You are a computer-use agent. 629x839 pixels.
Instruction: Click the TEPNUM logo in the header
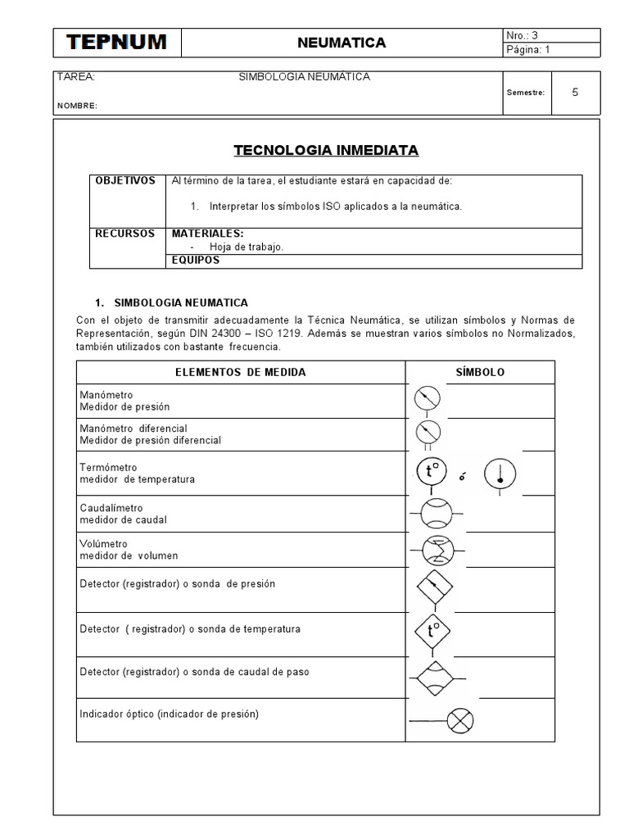(116, 43)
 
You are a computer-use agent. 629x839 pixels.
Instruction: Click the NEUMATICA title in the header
(341, 43)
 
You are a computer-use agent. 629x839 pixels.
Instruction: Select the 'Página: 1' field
(533, 50)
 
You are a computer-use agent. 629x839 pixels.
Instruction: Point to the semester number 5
(575, 93)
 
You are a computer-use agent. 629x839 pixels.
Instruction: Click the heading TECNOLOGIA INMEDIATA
(326, 151)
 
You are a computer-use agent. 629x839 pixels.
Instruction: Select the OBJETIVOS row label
(125, 181)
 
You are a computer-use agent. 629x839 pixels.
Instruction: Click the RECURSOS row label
(125, 234)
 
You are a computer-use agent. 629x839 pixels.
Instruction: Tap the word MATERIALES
(207, 234)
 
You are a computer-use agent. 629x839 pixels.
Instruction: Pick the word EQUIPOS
(196, 260)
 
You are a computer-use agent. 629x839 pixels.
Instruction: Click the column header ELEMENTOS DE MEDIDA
(241, 372)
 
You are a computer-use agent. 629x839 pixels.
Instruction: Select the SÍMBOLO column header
(480, 372)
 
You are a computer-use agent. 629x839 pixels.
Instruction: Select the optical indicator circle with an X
(461, 721)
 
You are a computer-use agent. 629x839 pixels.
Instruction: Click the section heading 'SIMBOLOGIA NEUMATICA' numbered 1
(180, 302)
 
